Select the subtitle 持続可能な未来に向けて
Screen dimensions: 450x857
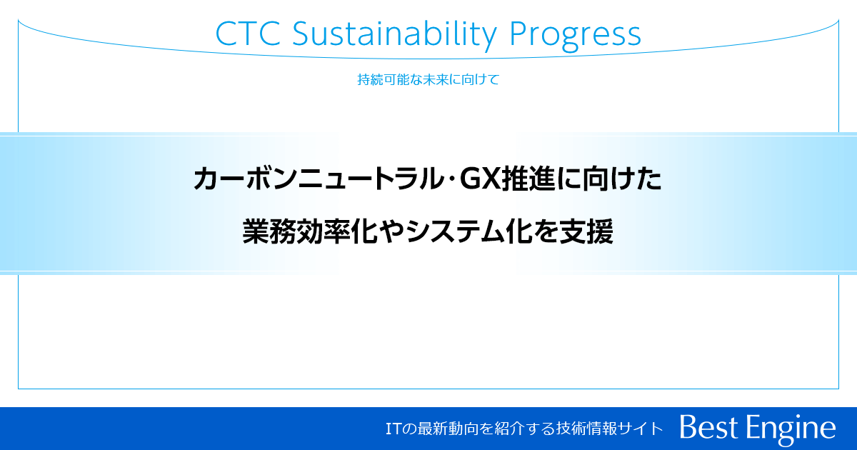pyautogui.click(x=428, y=79)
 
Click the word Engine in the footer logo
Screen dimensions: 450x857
pyautogui.click(x=793, y=428)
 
